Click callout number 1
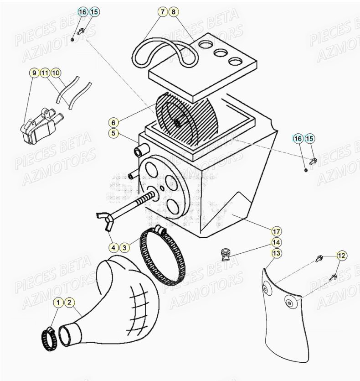pyautogui.click(x=58, y=302)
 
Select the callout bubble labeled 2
pyautogui.click(x=69, y=302)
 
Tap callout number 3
pyautogui.click(x=124, y=247)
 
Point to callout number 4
pyautogui.click(x=113, y=247)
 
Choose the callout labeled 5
pyautogui.click(x=113, y=133)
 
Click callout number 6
pyautogui.click(x=113, y=122)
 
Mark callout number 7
pyautogui.click(x=163, y=12)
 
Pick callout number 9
pyautogui.click(x=34, y=73)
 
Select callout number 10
pyautogui.click(x=55, y=73)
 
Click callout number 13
pyautogui.click(x=277, y=253)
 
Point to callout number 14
pyautogui.click(x=277, y=242)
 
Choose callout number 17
pyautogui.click(x=277, y=231)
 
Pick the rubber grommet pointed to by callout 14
pyautogui.click(x=225, y=254)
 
